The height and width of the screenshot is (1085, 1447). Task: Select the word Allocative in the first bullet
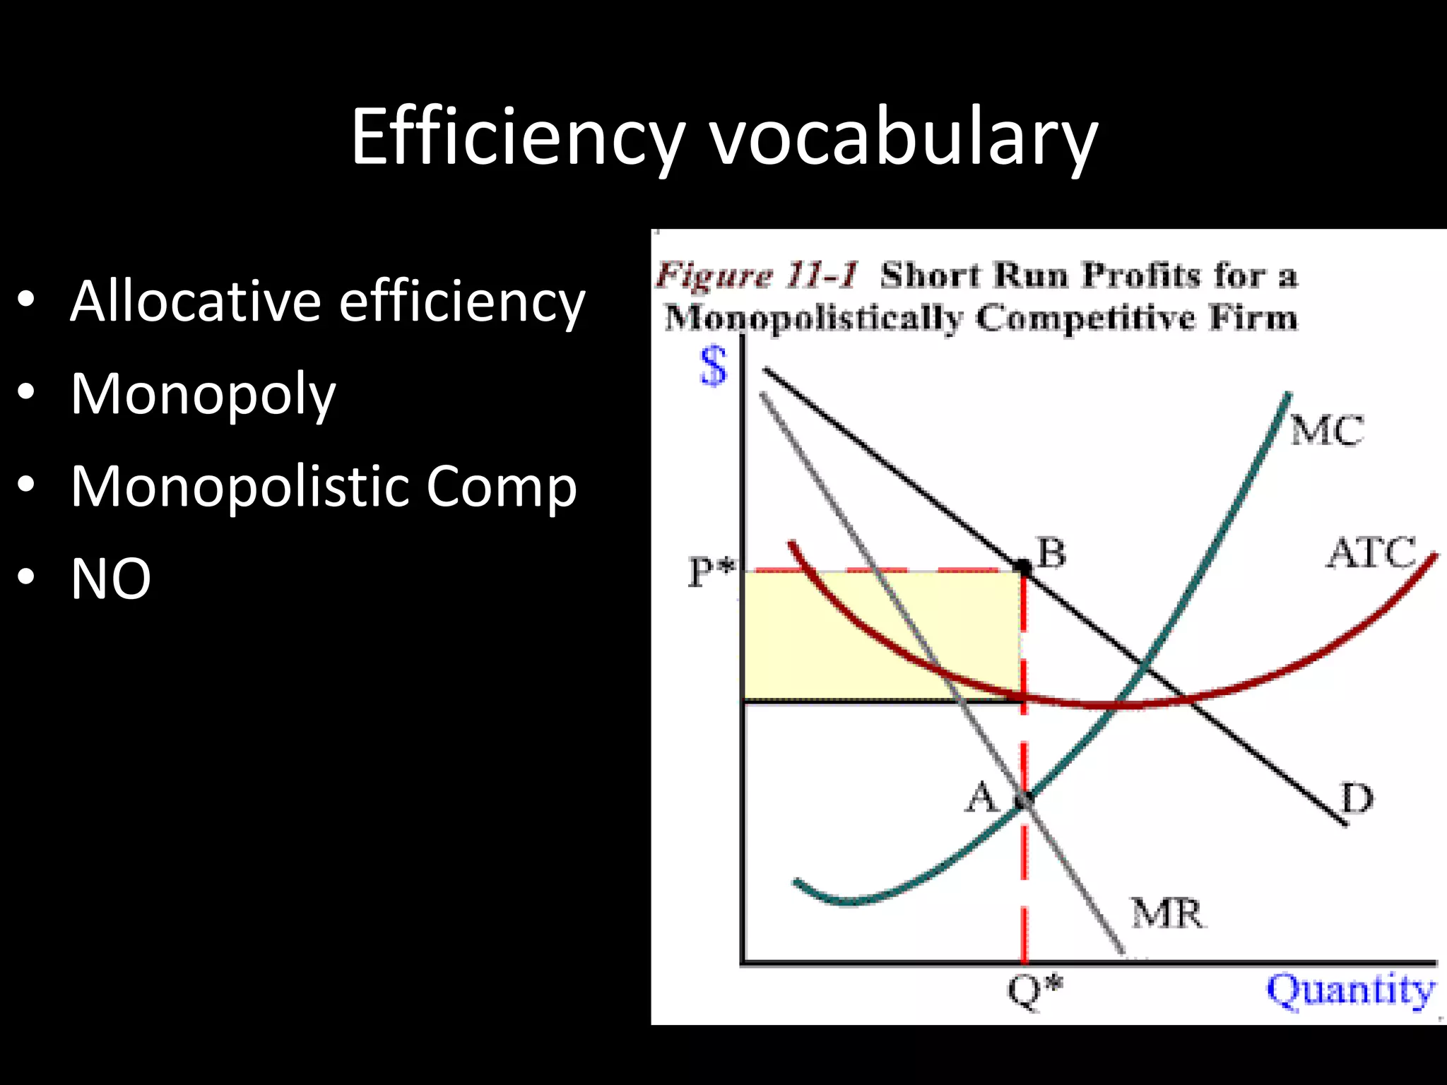tap(194, 301)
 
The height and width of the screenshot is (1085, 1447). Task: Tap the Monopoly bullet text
tap(203, 395)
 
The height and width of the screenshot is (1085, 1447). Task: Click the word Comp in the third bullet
tap(501, 487)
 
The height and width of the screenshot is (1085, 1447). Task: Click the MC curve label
tap(1326, 430)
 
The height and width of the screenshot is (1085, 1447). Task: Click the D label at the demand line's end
tap(1357, 799)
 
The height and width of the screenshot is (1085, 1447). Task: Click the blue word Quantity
tap(1350, 990)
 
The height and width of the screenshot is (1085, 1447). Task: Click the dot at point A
tap(1024, 801)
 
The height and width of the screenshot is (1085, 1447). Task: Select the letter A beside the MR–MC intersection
tap(981, 798)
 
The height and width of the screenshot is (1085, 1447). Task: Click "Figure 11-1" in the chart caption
tap(757, 275)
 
